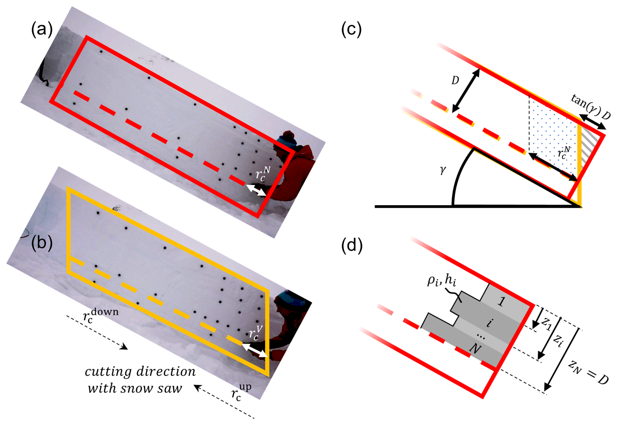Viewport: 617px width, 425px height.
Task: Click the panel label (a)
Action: [41, 30]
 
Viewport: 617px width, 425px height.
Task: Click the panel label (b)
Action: [41, 243]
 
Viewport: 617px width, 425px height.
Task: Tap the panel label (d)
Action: [352, 245]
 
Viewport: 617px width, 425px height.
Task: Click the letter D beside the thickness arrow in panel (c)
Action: [455, 80]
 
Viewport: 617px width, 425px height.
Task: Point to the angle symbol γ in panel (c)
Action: [443, 170]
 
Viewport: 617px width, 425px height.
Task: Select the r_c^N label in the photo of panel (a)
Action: [263, 174]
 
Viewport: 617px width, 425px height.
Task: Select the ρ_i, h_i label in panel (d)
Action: [442, 281]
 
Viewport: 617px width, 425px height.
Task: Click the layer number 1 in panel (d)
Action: [501, 301]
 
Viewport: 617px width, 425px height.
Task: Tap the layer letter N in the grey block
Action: [475, 349]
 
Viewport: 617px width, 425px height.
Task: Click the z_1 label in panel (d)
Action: [547, 324]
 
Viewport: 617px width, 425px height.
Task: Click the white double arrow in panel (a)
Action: [256, 190]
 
